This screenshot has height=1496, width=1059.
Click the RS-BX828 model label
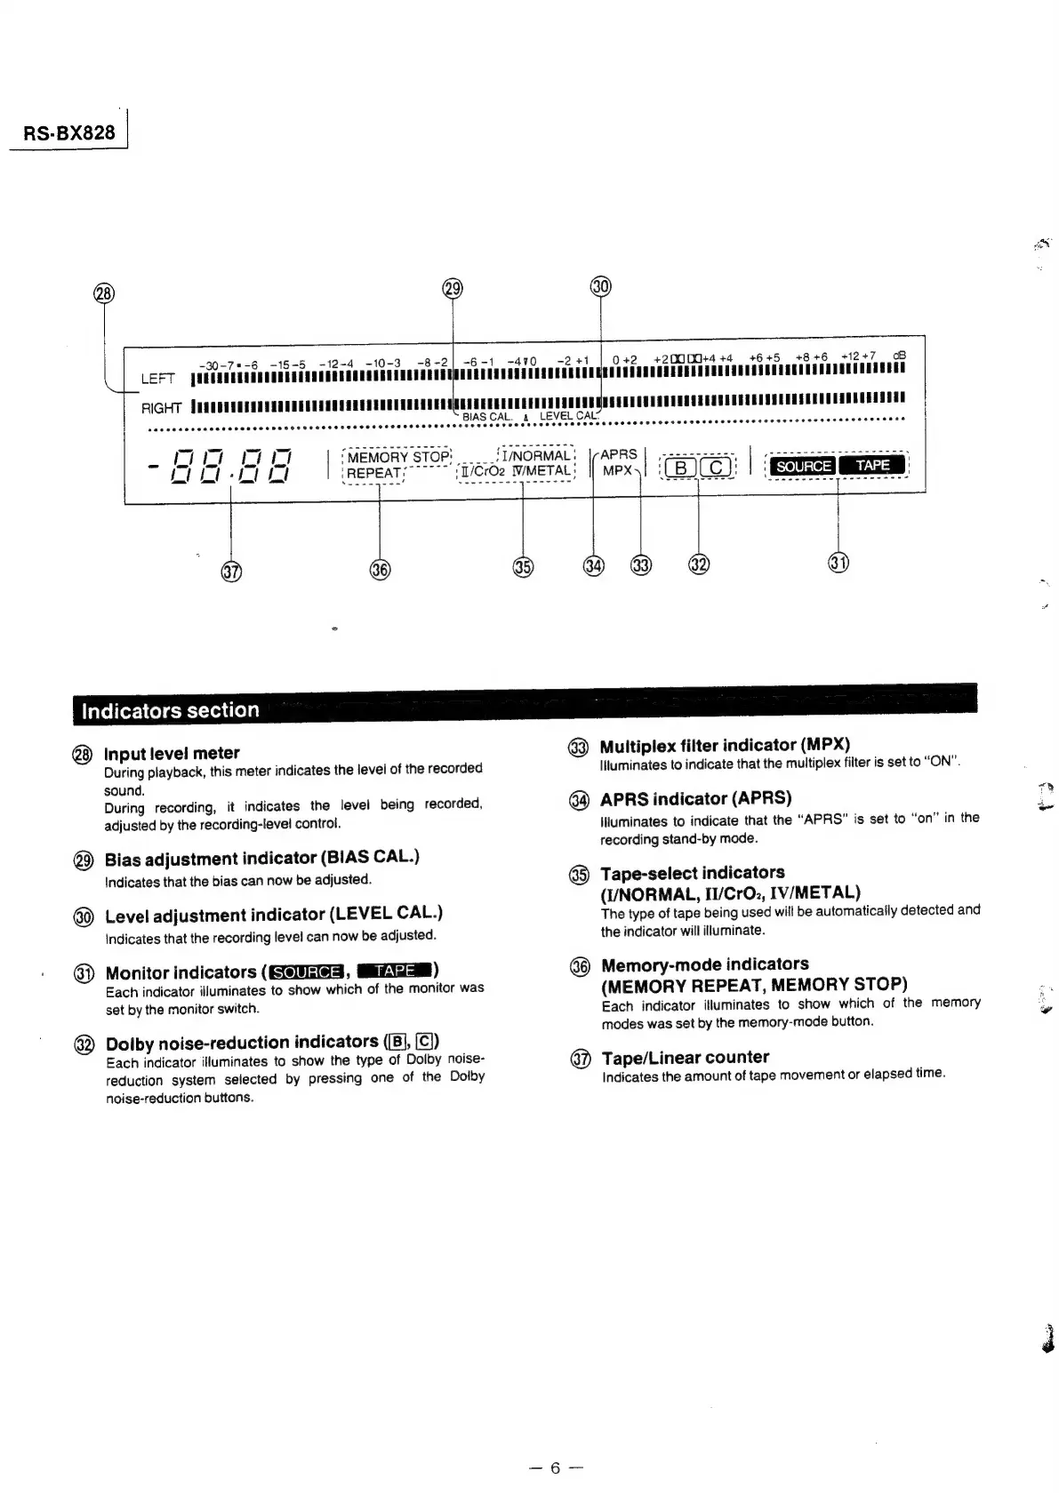point(69,132)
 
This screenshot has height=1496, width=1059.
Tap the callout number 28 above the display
point(104,294)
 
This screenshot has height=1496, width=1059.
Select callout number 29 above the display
point(453,288)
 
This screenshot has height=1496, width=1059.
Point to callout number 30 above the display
point(601,286)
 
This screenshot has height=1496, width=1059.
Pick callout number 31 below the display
point(838,563)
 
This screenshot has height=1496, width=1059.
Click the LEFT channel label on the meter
point(157,380)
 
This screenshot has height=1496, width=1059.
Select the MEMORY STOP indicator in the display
point(398,457)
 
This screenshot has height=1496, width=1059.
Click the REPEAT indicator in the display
point(373,473)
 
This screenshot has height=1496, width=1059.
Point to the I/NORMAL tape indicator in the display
point(535,455)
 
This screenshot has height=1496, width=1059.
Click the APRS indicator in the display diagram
point(619,454)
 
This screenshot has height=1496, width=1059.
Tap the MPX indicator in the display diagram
point(617,470)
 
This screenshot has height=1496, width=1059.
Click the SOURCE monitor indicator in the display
point(802,466)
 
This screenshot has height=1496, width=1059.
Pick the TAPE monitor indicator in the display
point(872,465)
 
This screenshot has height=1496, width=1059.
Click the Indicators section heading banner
point(171,710)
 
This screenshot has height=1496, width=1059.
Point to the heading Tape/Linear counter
point(685,1057)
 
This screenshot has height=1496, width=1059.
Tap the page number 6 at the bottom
point(555,1468)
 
